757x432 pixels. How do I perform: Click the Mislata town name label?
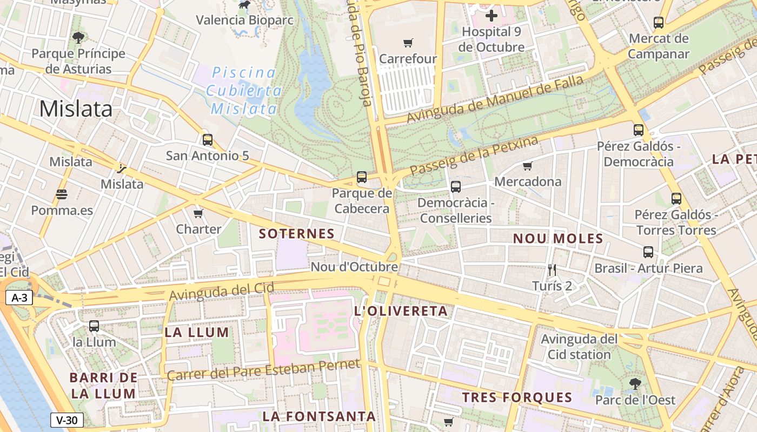pos(76,109)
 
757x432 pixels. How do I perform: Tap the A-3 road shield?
pos(19,298)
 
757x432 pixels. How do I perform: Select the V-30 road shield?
pos(67,420)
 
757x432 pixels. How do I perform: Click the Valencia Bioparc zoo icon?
pos(244,5)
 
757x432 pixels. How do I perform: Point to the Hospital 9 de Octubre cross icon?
pos(491,16)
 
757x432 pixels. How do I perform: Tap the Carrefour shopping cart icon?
pos(408,43)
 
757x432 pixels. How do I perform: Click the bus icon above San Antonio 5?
pos(207,140)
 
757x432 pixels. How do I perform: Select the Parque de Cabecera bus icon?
pos(362,177)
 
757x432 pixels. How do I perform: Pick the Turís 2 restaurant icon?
pos(552,269)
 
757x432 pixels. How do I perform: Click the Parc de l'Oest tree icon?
pos(635,384)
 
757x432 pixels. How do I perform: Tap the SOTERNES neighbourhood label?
pos(297,234)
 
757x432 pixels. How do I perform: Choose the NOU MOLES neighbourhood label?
pos(557,239)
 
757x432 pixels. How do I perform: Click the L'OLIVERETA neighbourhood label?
pos(401,311)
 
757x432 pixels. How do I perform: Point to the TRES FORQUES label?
pos(517,398)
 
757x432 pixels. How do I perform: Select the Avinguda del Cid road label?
pos(222,292)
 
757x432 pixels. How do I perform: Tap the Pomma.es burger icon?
pos(62,194)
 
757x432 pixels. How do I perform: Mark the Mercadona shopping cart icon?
pos(528,166)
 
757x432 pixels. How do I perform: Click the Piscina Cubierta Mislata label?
pos(244,91)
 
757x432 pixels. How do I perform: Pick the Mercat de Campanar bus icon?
pos(658,23)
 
